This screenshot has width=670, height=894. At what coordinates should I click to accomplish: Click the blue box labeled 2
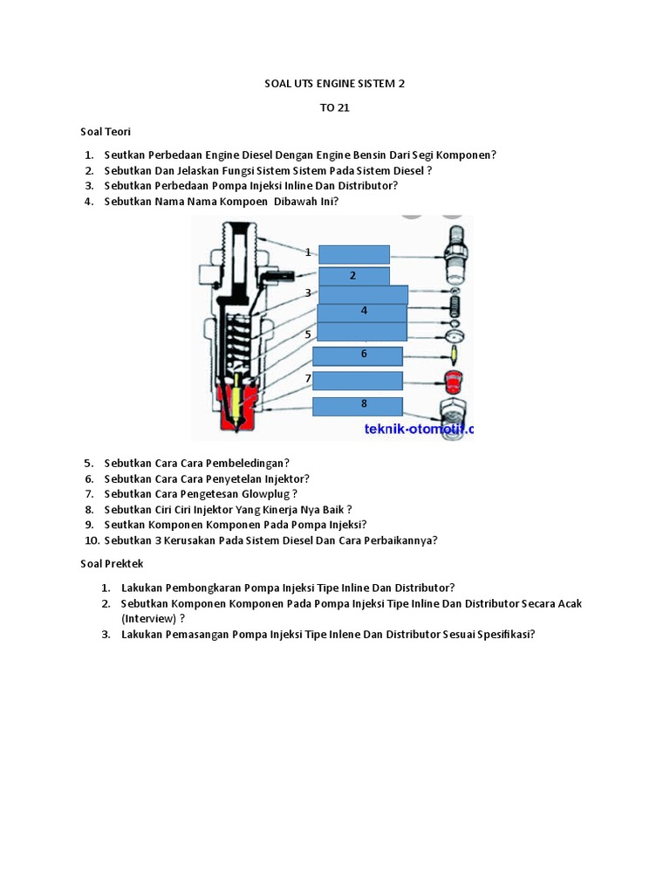pos(353,276)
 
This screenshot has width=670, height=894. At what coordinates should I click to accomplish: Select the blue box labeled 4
pos(362,312)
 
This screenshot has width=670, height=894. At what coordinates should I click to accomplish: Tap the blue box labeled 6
pos(358,355)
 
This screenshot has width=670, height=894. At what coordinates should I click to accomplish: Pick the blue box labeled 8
pos(358,405)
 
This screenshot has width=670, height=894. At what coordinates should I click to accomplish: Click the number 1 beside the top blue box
pos(308,252)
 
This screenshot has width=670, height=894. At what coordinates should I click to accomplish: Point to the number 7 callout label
pos(308,378)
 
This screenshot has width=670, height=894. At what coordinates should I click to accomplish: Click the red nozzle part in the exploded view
pos(452,382)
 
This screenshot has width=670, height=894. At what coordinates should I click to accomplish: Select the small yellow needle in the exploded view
pos(452,354)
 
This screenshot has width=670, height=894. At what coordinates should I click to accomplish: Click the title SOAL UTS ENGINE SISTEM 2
pos(335,84)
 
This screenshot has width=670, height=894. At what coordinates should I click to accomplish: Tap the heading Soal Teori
pos(106,131)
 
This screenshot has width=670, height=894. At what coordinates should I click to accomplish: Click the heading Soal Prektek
pos(111,564)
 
